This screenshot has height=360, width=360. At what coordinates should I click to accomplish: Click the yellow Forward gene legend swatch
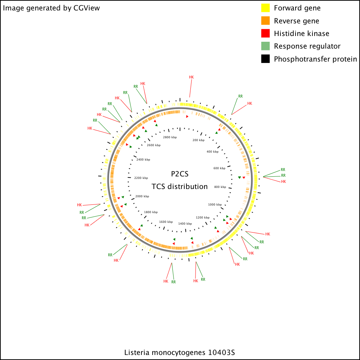pos(265,8)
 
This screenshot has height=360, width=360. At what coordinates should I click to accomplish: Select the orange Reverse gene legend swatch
pos(265,21)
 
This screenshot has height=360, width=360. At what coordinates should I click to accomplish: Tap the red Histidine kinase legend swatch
pos(265,33)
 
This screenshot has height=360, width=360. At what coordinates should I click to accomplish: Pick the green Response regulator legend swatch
pos(265,46)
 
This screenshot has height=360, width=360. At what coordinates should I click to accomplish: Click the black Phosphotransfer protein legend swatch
pos(265,59)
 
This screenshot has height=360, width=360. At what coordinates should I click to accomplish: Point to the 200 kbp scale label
pos(198,140)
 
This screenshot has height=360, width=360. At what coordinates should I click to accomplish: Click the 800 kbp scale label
pos(220,187)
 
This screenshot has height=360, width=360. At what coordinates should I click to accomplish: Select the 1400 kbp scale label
pos(185,224)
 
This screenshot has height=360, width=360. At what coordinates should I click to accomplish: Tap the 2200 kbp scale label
pos(141,178)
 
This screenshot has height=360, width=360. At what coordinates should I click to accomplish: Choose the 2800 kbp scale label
pos(170,137)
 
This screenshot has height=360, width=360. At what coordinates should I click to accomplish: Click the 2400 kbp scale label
pos(143,159)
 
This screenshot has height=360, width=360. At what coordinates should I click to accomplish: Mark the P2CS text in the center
pos(180,174)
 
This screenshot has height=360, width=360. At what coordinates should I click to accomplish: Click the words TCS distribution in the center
pos(180,186)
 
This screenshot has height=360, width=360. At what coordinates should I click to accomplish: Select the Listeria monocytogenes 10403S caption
pos(180,352)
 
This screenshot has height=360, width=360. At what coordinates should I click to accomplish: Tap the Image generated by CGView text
pos(51,8)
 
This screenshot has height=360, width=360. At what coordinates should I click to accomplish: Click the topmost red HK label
pos(191,77)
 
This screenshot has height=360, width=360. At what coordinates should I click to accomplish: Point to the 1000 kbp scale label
pos(215,204)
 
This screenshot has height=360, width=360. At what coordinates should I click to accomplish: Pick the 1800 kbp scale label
pos(151,212)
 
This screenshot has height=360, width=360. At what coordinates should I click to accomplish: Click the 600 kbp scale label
pos(220,168)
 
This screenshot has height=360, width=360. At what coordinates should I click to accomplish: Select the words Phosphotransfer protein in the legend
pos(315,59)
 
